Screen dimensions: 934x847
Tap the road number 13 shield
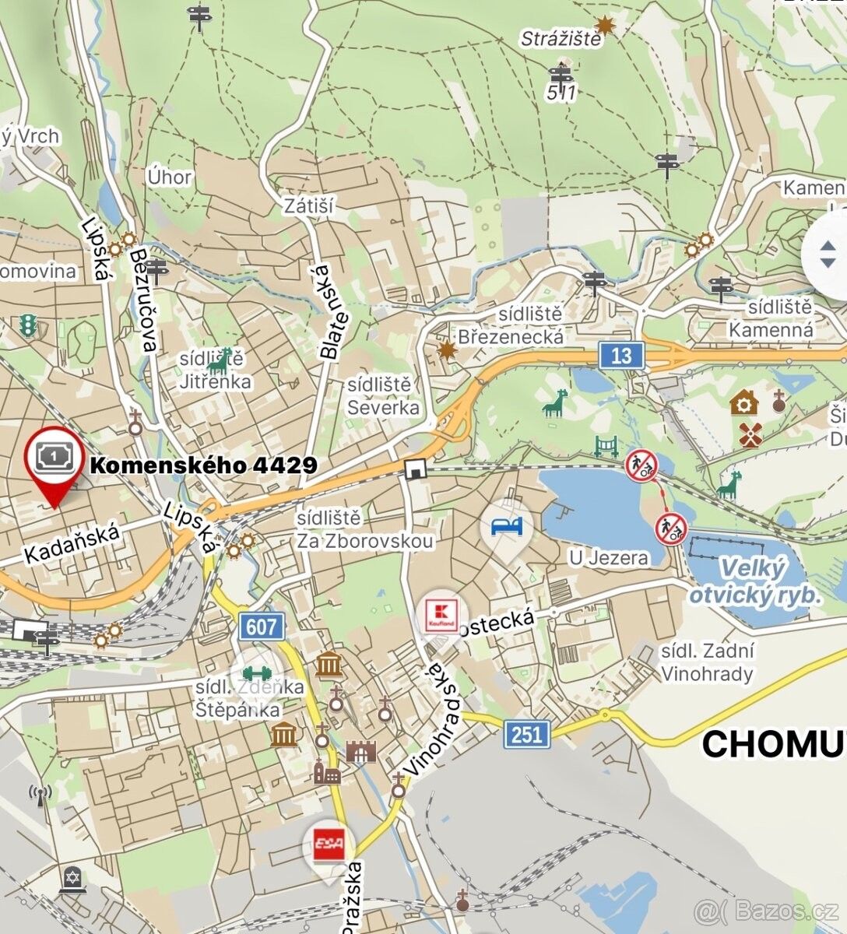point(621,356)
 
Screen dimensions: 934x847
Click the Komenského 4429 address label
point(203,465)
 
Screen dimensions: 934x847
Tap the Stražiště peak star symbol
point(605,26)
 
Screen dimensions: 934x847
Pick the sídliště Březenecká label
point(511,325)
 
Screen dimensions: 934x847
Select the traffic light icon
point(29,325)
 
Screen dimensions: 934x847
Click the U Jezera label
point(608,557)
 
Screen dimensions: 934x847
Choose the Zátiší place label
point(308,206)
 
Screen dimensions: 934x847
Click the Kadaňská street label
point(72,542)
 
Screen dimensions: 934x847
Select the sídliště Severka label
point(382,396)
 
